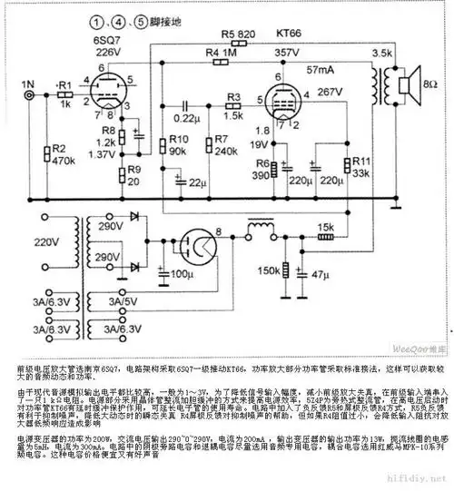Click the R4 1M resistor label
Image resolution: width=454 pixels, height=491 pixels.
pyautogui.click(x=221, y=52)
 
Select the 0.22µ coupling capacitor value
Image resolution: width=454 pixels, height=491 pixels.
pyautogui.click(x=186, y=119)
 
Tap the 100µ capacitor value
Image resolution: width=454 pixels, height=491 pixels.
pyautogui.click(x=182, y=271)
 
